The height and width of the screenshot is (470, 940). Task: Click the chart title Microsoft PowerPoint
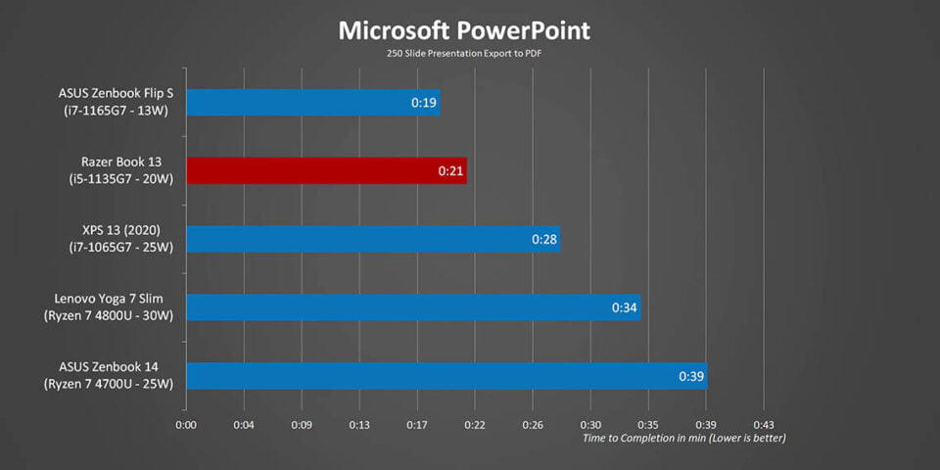[464, 30]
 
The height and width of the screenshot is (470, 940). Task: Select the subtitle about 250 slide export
[464, 54]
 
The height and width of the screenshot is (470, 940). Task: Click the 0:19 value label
[423, 103]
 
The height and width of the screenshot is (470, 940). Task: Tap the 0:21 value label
[450, 171]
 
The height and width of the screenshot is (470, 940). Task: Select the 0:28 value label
[544, 240]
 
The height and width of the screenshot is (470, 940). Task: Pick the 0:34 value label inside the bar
[625, 307]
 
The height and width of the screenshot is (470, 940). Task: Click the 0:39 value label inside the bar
[691, 376]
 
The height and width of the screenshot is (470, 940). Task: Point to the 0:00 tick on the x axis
[186, 424]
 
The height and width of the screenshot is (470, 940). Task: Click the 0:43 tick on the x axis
[764, 424]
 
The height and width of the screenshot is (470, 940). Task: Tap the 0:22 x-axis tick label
[475, 424]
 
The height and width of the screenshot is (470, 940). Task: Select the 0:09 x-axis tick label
[302, 424]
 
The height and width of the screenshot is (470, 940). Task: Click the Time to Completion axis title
[683, 438]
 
